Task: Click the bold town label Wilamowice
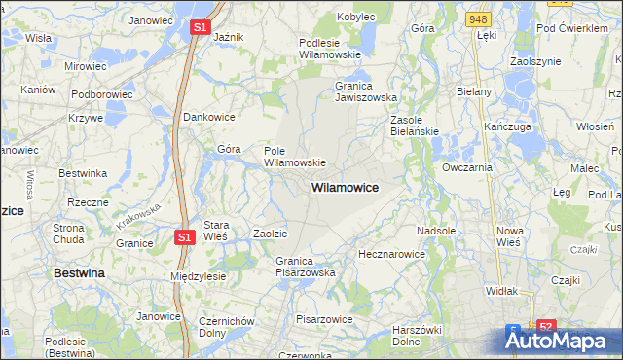[345, 186]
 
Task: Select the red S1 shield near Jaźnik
[200, 28]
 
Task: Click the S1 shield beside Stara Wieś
[185, 235]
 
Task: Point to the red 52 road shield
[546, 328]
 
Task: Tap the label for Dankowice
[210, 117]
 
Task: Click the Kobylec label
[357, 17]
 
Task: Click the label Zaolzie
[270, 234]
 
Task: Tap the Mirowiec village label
[85, 66]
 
